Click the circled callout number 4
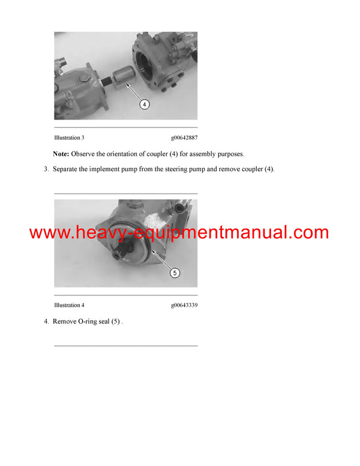(144, 104)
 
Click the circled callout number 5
(175, 273)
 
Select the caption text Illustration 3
(69, 138)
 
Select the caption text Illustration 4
(69, 305)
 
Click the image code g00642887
(184, 138)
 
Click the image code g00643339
(184, 305)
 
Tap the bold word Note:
(61, 154)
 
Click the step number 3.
(46, 169)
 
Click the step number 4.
(46, 321)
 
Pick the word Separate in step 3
(67, 169)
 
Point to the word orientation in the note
(124, 154)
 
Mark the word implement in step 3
(106, 169)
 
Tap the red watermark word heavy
(97, 233)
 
